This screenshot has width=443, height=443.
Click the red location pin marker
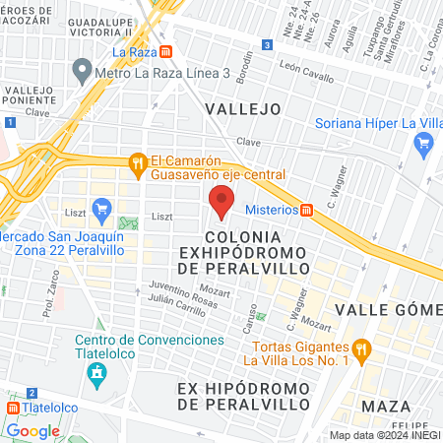click(x=221, y=204)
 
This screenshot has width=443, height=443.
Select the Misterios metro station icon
click(x=307, y=210)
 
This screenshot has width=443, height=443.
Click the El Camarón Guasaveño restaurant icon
click(x=139, y=162)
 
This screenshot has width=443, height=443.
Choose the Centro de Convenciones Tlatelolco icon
click(x=96, y=374)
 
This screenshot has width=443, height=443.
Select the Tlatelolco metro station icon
click(x=13, y=406)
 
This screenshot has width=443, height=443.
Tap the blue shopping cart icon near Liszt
click(x=100, y=209)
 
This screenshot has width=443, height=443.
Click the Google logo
click(x=32, y=430)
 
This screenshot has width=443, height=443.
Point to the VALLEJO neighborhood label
click(x=242, y=108)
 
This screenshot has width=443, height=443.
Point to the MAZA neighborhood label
click(x=386, y=406)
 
